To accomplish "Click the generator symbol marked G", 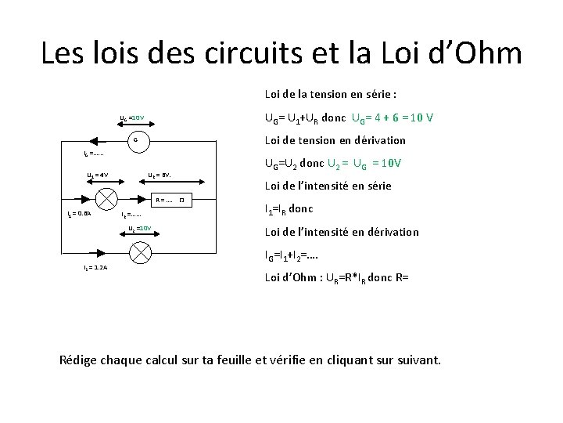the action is tap(136, 141).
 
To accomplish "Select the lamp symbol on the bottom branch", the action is tap(141, 252).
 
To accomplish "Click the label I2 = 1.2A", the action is tap(95, 268).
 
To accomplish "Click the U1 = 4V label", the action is tap(97, 175).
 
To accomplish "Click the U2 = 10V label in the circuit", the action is tap(140, 228).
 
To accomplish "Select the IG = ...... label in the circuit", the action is tap(94, 154).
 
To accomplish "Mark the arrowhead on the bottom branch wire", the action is tap(99, 252).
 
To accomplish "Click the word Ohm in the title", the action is tap(486, 54).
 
